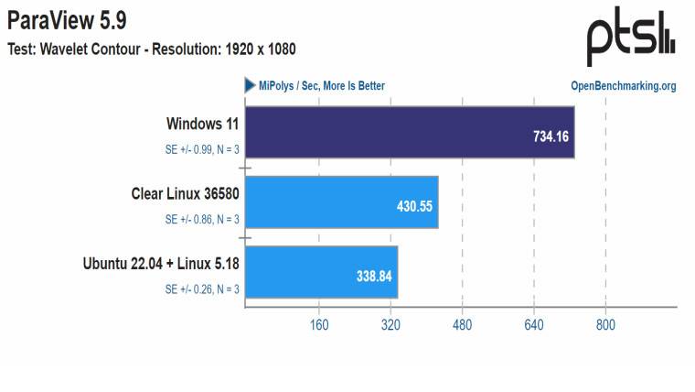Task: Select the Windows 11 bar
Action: [x=409, y=132]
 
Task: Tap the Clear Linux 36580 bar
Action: [x=341, y=201]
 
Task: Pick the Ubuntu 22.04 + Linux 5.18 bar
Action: [x=321, y=271]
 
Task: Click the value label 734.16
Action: [x=552, y=136]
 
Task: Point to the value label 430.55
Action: [x=413, y=206]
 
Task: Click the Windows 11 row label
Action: [x=203, y=123]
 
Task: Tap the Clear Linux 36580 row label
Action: [x=186, y=193]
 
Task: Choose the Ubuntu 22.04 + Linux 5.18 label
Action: [x=161, y=263]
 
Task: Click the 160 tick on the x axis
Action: [x=320, y=325]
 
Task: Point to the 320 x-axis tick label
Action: [x=391, y=325]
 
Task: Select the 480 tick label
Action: [x=463, y=325]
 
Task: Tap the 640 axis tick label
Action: [x=534, y=325]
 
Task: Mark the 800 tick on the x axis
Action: [x=605, y=325]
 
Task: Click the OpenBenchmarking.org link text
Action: [x=623, y=86]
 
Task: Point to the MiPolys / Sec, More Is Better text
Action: [x=321, y=86]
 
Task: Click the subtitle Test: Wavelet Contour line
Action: [x=152, y=49]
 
